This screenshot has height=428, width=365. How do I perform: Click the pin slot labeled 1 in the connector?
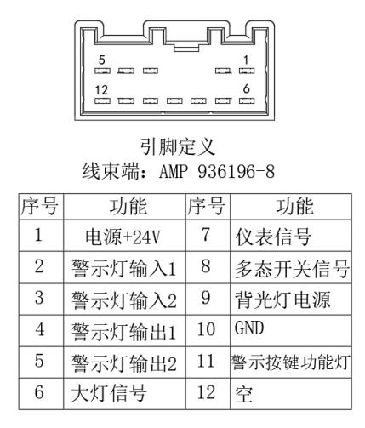(247, 71)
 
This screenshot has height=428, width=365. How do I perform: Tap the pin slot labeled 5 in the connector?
(102, 71)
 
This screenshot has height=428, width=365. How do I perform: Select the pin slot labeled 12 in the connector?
(102, 100)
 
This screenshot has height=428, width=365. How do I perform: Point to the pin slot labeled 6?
(247, 100)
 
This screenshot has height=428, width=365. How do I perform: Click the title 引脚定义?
(178, 146)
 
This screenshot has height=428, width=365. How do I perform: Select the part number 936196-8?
(237, 172)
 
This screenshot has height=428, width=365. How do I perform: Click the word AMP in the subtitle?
(174, 172)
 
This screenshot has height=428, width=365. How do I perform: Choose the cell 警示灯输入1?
(124, 268)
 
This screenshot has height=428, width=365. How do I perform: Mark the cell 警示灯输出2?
(124, 363)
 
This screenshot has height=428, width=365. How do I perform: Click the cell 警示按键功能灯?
(291, 362)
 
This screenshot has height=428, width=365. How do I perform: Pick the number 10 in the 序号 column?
(206, 329)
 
